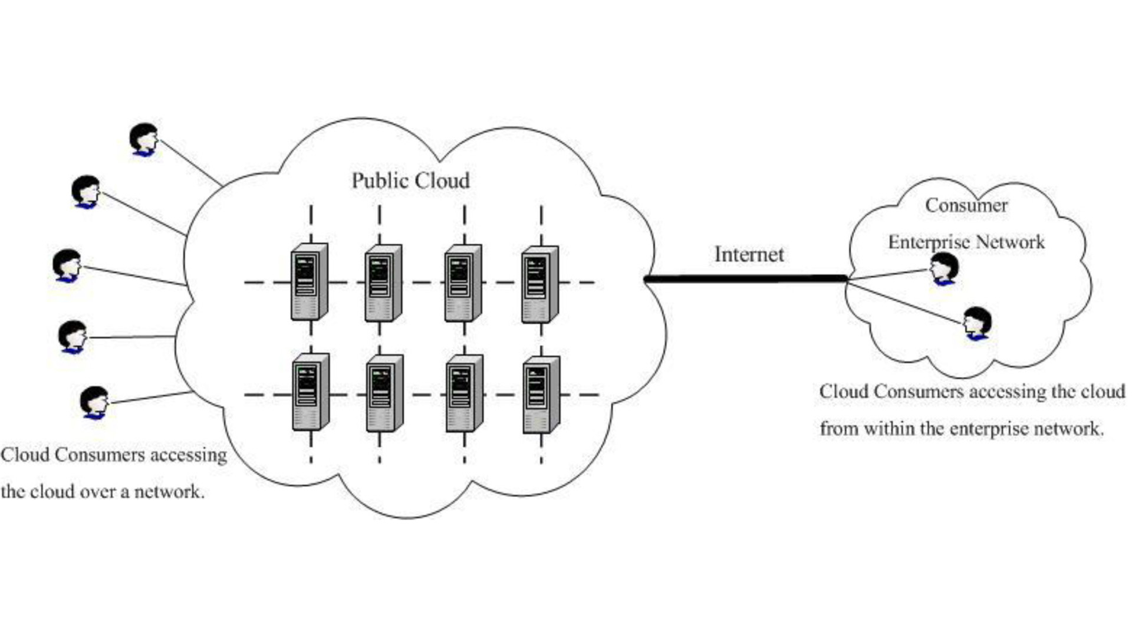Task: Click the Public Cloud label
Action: (x=410, y=181)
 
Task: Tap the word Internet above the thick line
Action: (x=749, y=254)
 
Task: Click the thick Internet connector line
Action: (x=746, y=279)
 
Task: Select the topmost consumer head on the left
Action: (x=144, y=139)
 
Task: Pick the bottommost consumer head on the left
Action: (x=94, y=402)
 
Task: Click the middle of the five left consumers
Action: (x=67, y=265)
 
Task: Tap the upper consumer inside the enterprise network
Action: (x=945, y=269)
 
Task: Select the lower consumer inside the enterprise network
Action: (x=977, y=323)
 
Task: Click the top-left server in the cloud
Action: (x=309, y=282)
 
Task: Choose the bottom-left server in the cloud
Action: (x=310, y=392)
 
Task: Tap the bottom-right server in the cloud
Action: (x=541, y=394)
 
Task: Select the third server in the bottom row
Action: (x=464, y=393)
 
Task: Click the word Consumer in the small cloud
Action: (x=966, y=205)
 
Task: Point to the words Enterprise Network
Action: (x=966, y=242)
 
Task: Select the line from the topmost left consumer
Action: (x=190, y=162)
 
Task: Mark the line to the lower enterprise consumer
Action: (x=905, y=303)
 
